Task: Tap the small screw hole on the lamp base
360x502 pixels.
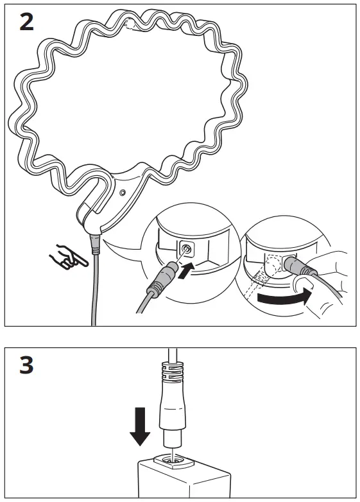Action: pyautogui.click(x=122, y=193)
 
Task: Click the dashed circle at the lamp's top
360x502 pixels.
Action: pyautogui.click(x=131, y=25)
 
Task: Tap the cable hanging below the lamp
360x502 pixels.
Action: pyautogui.click(x=94, y=289)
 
